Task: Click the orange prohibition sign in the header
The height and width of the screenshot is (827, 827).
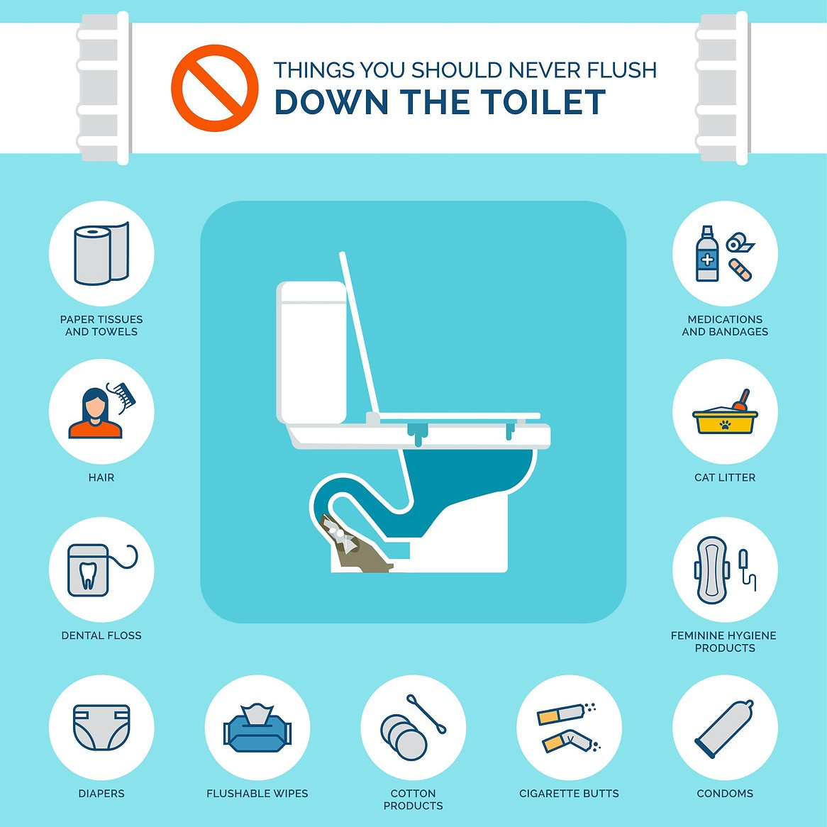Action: click(214, 89)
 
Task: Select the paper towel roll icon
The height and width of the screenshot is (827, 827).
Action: click(101, 254)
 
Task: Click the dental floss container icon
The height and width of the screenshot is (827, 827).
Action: click(88, 570)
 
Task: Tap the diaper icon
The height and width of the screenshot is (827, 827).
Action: click(101, 727)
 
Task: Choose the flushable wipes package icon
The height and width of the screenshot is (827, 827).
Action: click(257, 729)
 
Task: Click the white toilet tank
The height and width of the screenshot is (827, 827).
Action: click(311, 351)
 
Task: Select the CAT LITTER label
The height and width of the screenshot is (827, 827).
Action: click(724, 477)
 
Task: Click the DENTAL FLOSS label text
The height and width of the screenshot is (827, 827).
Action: click(101, 635)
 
